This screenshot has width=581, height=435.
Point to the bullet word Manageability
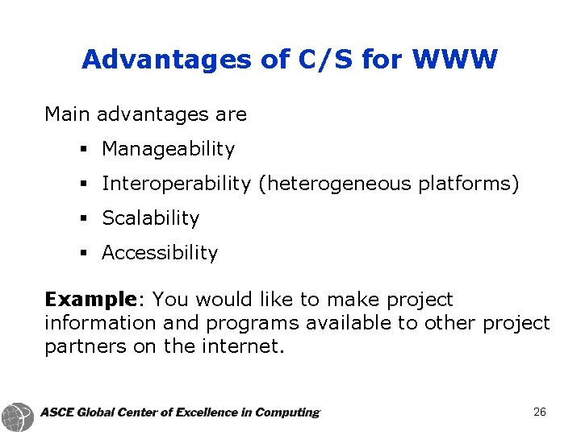[168, 149]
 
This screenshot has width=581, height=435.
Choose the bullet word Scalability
[150, 218]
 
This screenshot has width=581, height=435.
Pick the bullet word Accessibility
[160, 253]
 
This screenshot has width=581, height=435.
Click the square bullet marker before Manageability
[83, 150]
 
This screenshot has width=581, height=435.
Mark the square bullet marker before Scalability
[83, 219]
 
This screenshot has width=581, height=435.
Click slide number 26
[540, 412]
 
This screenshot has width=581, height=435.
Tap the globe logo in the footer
[18, 416]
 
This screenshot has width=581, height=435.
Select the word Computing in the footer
[286, 412]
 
